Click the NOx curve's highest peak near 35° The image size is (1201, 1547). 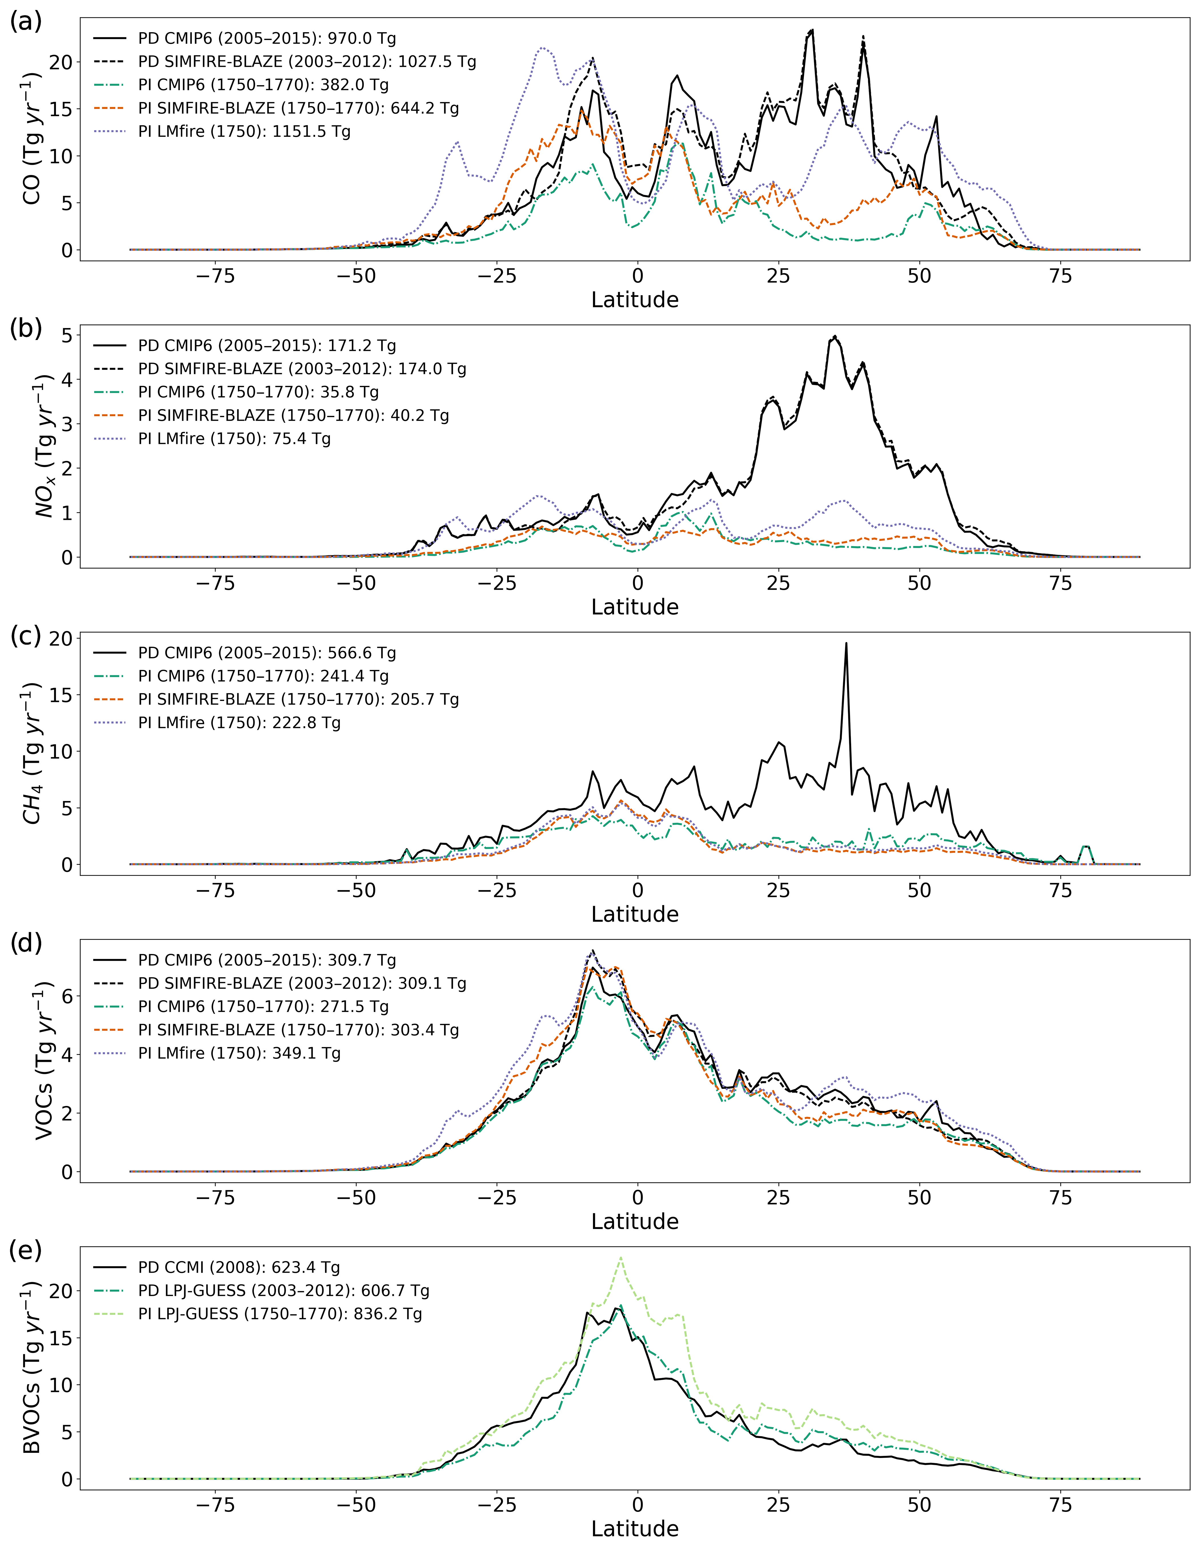point(835,337)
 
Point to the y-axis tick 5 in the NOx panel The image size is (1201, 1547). point(67,335)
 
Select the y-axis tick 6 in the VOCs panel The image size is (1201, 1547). point(67,996)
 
